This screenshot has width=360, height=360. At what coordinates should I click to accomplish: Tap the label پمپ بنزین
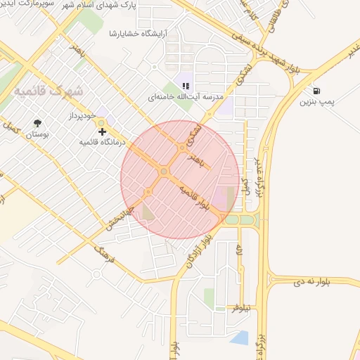tap(316, 103)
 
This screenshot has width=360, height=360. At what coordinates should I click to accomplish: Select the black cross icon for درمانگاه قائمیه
tap(103, 131)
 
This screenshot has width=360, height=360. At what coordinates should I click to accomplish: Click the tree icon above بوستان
tap(37, 123)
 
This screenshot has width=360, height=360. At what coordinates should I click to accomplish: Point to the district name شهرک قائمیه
tap(49, 91)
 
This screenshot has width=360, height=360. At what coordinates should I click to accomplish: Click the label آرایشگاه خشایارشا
tap(138, 33)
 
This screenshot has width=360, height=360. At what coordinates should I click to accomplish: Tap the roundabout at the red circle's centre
tap(164, 172)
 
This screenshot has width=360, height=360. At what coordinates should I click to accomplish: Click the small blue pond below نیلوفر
tap(240, 338)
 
